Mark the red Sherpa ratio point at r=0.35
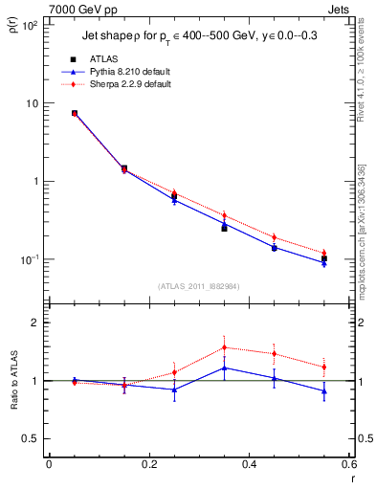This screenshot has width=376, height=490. [x=224, y=347]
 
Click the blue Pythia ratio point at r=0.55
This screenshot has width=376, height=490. [x=324, y=390]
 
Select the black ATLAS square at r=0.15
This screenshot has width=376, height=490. [x=123, y=168]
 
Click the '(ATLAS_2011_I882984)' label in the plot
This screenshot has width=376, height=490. [x=199, y=286]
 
